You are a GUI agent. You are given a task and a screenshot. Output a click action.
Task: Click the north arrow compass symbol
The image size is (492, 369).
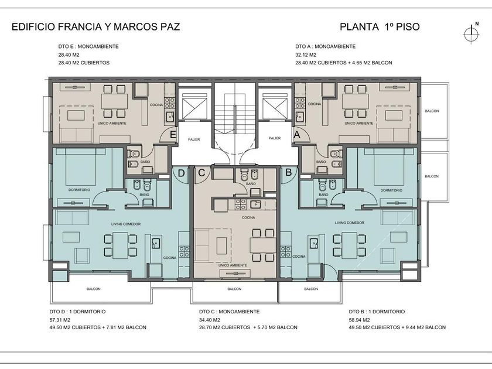[471, 33]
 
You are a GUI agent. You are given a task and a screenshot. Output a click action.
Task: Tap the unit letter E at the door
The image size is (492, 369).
[173, 135]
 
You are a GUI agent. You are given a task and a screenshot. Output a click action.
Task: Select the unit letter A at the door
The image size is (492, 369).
[296, 135]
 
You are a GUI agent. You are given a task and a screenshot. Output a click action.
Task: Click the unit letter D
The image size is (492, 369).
[182, 173]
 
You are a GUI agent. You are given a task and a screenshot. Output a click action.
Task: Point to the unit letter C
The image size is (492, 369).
[201, 173]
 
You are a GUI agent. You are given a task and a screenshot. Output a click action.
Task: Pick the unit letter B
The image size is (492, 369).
[289, 172]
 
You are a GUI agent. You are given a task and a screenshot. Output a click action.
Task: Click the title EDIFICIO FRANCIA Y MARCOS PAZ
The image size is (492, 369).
[95, 27]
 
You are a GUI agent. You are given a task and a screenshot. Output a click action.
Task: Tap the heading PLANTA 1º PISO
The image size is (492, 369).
[380, 27]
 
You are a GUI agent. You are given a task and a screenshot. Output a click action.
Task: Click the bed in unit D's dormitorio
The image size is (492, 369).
[81, 167]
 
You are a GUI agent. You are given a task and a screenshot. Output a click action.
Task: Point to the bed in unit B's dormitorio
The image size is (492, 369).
[389, 167]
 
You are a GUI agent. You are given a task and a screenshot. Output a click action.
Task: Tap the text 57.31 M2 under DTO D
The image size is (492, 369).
[60, 320]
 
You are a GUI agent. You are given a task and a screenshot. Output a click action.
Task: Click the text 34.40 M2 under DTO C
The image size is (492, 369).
[210, 320]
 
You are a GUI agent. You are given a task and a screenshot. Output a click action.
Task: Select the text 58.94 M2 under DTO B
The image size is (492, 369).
[359, 320]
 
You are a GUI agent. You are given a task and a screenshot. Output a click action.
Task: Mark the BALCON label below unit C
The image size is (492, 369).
[234, 289]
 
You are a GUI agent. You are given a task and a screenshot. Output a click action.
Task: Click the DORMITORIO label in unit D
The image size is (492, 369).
[80, 190]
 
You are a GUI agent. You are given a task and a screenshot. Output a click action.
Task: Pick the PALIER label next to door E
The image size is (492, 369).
[194, 139]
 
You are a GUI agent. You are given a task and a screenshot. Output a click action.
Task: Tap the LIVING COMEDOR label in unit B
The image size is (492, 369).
[350, 223]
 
